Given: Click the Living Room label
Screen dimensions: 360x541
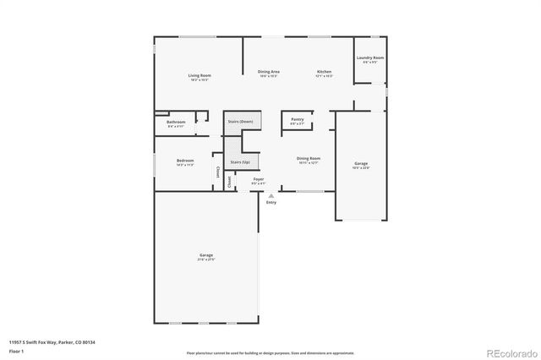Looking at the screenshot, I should click(x=199, y=76).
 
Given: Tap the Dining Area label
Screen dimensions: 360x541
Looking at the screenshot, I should click(x=270, y=72).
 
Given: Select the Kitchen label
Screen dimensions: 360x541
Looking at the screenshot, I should click(x=324, y=72).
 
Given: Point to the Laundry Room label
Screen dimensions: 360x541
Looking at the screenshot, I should click(x=369, y=57).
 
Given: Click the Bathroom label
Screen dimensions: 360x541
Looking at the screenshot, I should click(x=176, y=123).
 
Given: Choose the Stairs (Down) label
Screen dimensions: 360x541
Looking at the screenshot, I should click(x=240, y=122).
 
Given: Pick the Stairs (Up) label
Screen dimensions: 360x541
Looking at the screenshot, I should click(x=240, y=161).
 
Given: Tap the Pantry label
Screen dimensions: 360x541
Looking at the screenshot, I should click(x=297, y=120).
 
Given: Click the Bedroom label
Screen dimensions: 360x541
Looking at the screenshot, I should click(x=185, y=161).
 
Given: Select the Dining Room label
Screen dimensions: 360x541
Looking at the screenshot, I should click(x=309, y=158).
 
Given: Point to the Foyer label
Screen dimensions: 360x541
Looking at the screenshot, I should click(x=260, y=179).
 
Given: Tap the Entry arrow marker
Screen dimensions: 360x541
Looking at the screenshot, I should click(x=270, y=195).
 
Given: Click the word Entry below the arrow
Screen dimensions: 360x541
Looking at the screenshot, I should click(x=271, y=202).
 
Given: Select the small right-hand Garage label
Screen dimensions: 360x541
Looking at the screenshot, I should click(x=361, y=163).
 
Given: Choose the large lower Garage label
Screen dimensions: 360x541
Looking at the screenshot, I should click(x=205, y=255).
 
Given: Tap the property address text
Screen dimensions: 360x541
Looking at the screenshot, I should click(x=52, y=341).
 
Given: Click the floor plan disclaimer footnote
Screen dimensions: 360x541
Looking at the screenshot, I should click(x=270, y=352).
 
